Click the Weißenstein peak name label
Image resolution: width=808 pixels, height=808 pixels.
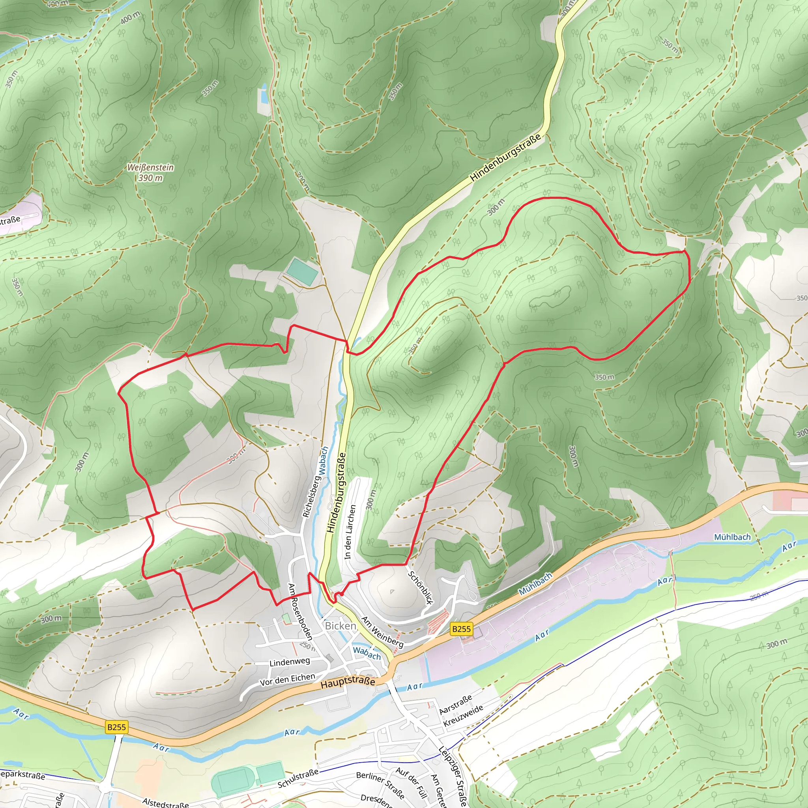click(x=150, y=167)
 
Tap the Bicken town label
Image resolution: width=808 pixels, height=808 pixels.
click(x=340, y=626)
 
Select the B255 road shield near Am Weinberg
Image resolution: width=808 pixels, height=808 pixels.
click(x=461, y=628)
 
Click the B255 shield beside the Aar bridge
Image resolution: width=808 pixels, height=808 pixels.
click(x=116, y=727)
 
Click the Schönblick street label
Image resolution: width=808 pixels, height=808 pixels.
click(x=420, y=587)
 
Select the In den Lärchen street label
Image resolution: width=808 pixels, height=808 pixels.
click(x=350, y=531)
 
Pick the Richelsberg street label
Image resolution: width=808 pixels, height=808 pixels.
click(x=311, y=497)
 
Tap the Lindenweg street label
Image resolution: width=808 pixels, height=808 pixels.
click(x=290, y=662)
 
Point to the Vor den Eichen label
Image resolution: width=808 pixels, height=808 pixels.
click(x=287, y=680)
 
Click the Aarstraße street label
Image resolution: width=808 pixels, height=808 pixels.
click(x=455, y=704)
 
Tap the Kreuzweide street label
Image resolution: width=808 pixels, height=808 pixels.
click(x=463, y=716)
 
